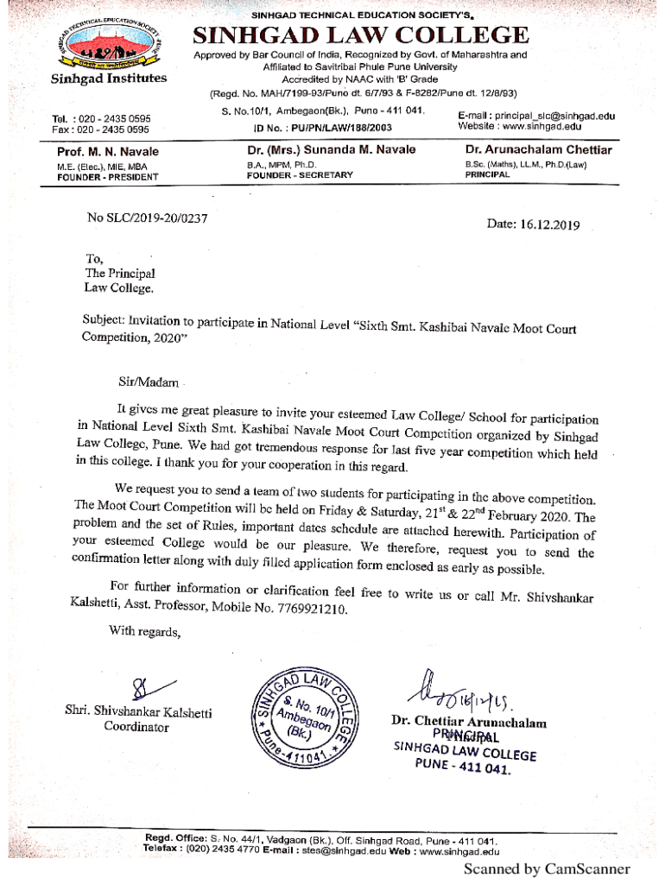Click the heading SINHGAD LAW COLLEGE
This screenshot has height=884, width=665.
coord(360,35)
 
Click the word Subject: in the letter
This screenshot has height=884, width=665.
coord(103,319)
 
